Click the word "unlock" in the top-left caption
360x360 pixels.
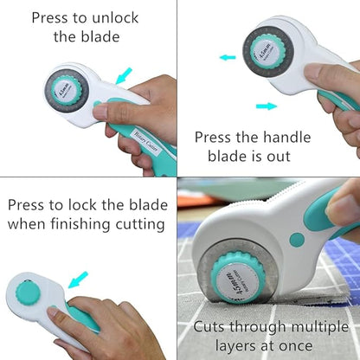click(132, 16)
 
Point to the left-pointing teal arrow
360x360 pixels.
click(228, 58)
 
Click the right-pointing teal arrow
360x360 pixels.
click(267, 106)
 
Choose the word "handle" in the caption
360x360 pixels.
click(292, 136)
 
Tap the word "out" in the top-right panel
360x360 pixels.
click(293, 157)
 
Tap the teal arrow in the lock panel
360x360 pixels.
click(80, 279)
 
